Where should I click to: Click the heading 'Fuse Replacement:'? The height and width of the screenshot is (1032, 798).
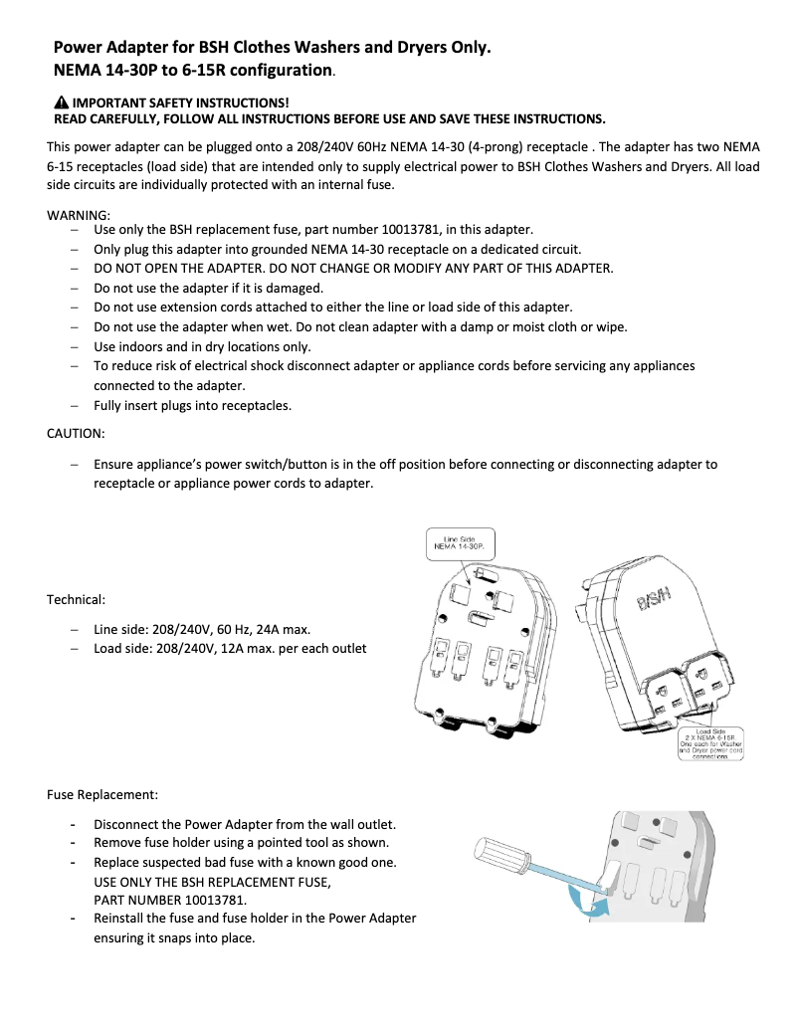(x=102, y=795)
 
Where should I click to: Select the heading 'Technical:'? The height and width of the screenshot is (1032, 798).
(x=76, y=600)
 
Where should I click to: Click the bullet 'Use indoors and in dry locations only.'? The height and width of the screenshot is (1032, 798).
(x=202, y=346)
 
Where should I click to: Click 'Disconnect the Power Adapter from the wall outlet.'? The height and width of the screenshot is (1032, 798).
(x=245, y=824)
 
